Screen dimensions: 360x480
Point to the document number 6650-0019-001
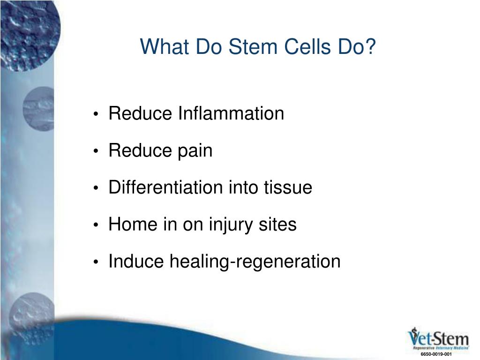[436, 354]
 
